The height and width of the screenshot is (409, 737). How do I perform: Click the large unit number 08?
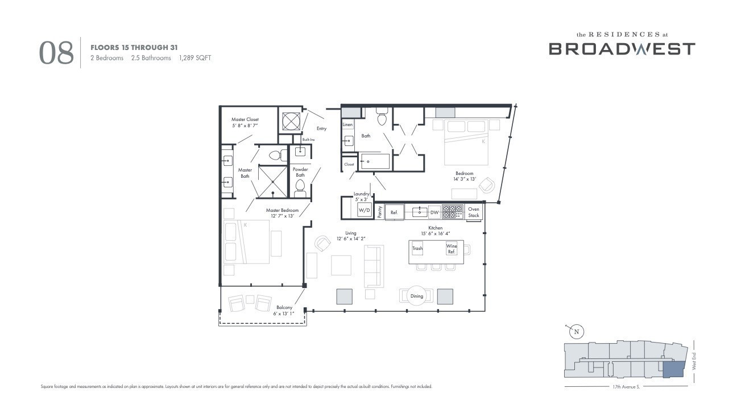pyautogui.click(x=56, y=53)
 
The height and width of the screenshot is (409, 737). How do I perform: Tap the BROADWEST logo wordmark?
pyautogui.click(x=622, y=49)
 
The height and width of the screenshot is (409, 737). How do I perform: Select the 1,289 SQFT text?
pyautogui.click(x=195, y=58)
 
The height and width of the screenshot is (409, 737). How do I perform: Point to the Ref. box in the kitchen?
pyautogui.click(x=394, y=212)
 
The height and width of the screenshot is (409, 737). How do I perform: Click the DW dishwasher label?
pyautogui.click(x=434, y=212)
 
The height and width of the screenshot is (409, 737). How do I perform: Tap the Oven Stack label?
pyautogui.click(x=474, y=212)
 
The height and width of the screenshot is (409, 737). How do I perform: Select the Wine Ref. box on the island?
pyautogui.click(x=452, y=249)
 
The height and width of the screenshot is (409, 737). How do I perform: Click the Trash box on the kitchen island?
pyautogui.click(x=417, y=248)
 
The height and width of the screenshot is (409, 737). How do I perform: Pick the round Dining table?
pyautogui.click(x=417, y=295)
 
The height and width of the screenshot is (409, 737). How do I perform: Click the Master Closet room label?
pyautogui.click(x=245, y=122)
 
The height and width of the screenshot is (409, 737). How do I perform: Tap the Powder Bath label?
pyautogui.click(x=300, y=172)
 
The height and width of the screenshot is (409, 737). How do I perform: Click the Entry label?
pyautogui.click(x=322, y=128)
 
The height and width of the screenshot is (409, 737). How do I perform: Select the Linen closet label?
pyautogui.click(x=347, y=124)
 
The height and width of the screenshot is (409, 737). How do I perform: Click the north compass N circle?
pyautogui.click(x=576, y=332)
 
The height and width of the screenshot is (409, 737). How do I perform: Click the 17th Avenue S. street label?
pyautogui.click(x=626, y=387)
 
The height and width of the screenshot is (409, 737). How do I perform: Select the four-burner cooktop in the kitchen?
pyautogui.click(x=453, y=211)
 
